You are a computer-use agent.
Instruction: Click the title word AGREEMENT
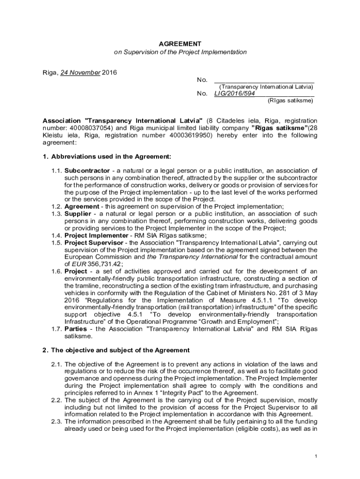tap(180, 44)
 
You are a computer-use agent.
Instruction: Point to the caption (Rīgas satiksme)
tap(290, 100)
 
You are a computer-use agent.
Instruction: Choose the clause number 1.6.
tap(57, 271)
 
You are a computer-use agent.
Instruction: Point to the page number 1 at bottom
tap(317, 456)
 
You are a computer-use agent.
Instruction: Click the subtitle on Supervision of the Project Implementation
tap(180, 52)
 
